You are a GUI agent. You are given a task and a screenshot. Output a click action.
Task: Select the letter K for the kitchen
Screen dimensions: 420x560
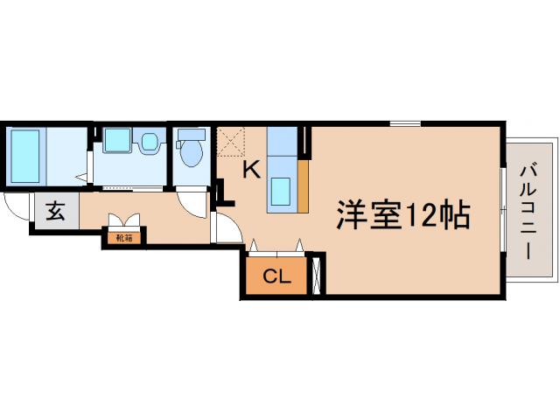(x=250, y=170)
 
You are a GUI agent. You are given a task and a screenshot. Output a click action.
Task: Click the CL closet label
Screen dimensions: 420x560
(x=276, y=278)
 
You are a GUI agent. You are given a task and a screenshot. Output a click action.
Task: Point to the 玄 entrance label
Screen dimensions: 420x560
(x=55, y=211)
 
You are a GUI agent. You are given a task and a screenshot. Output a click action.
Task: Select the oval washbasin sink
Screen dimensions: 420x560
(x=150, y=141)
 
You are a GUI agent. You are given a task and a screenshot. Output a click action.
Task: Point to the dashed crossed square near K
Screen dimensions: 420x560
(x=232, y=141)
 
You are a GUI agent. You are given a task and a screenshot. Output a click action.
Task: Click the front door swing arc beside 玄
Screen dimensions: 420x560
(x=15, y=210)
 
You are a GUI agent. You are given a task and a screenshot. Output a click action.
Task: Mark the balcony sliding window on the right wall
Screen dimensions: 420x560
(x=502, y=210)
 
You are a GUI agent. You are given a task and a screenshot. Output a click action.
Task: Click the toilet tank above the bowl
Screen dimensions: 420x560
(x=191, y=135)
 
